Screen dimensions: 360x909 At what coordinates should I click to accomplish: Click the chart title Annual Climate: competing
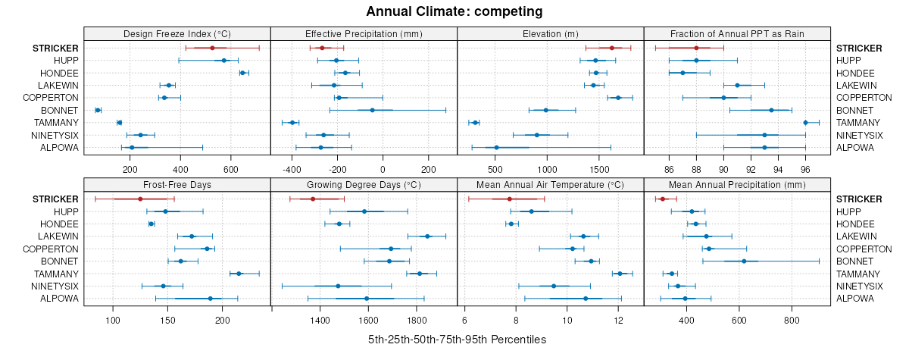[x=454, y=11]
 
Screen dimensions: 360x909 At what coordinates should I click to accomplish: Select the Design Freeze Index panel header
[x=177, y=34]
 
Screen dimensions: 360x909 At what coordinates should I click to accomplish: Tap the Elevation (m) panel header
[x=551, y=34]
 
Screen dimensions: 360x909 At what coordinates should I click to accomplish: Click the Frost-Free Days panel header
[x=177, y=184]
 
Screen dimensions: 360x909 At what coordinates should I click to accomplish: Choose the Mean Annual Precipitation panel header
[x=737, y=184]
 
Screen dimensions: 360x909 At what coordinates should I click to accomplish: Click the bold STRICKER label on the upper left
[x=55, y=48]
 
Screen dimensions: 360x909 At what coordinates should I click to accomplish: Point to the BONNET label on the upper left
[x=62, y=110]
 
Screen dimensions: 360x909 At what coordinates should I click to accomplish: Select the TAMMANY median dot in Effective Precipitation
[x=292, y=122]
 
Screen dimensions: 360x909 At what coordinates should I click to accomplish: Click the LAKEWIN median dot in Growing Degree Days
[x=428, y=236]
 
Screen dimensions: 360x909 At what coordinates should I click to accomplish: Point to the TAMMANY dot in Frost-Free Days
[x=239, y=274]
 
